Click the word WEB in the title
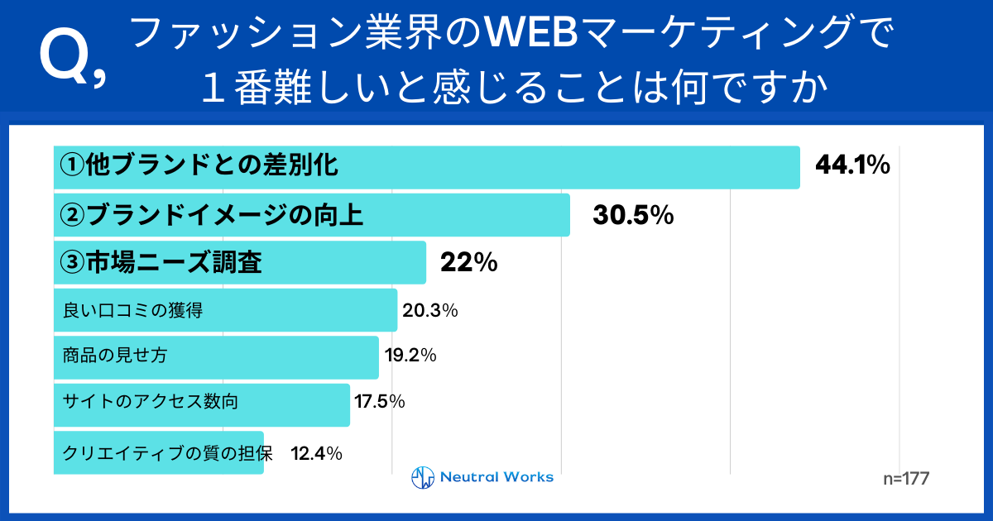(537, 34)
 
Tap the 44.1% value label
(852, 166)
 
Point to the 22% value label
(468, 263)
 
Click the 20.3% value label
(430, 311)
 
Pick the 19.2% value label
(410, 356)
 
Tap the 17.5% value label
(379, 403)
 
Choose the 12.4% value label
(316, 452)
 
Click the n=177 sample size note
(907, 479)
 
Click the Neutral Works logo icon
(423, 478)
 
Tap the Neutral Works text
(496, 477)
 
